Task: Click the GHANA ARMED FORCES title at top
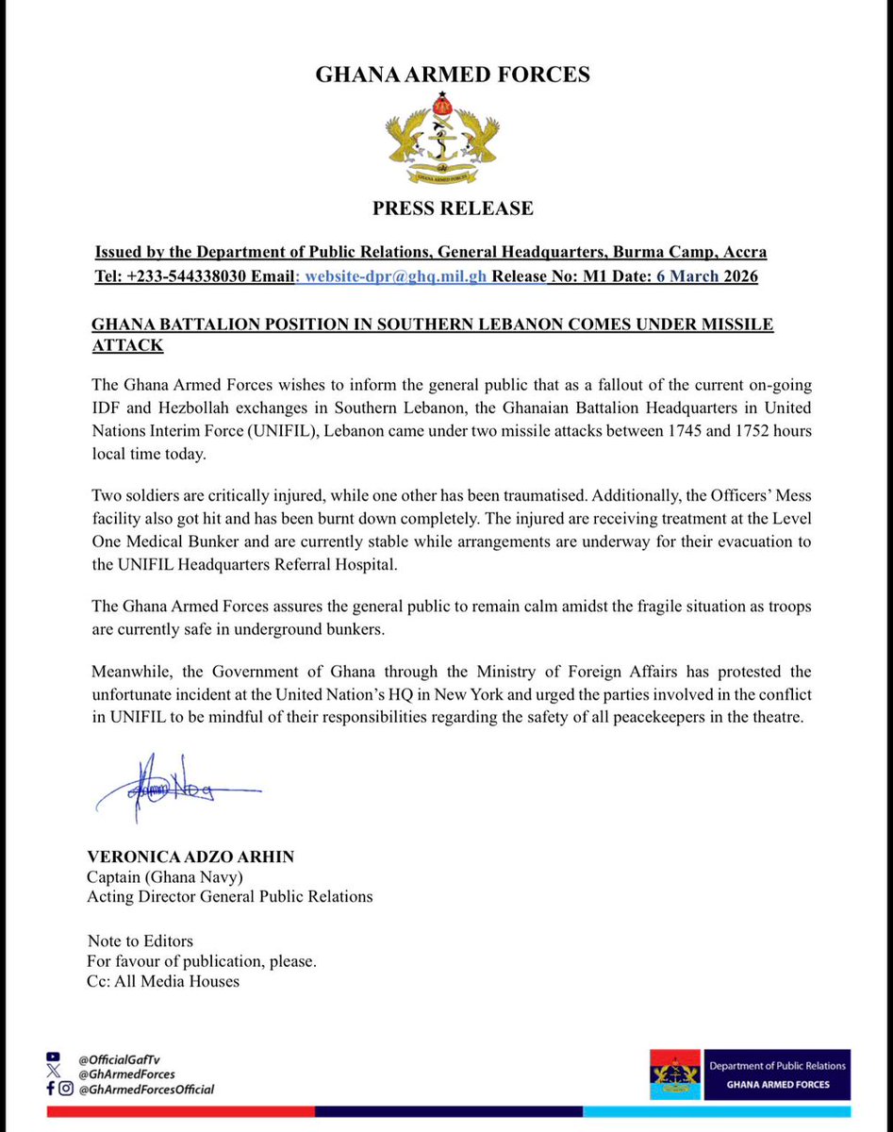(453, 75)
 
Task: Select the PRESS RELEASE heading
(453, 208)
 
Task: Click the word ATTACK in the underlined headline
(127, 346)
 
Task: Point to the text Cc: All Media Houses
(163, 981)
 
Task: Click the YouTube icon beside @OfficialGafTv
(53, 1058)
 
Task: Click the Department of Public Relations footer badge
(751, 1074)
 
